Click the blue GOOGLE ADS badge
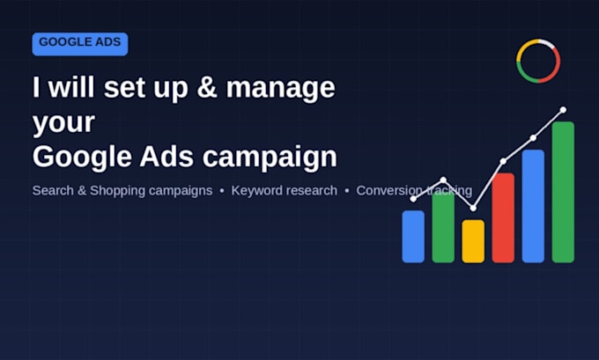(80, 44)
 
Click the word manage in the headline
(281, 89)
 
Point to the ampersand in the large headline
(207, 87)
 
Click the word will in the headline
(71, 87)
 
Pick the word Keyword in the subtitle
(254, 190)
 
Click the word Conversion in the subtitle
(388, 190)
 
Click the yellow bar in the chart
(473, 241)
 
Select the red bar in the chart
(503, 218)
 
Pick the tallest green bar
(563, 192)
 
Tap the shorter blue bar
(413, 237)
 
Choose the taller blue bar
(533, 206)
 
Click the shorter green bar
(443, 227)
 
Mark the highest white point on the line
(563, 110)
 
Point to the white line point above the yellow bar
(473, 208)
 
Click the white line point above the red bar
(503, 161)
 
